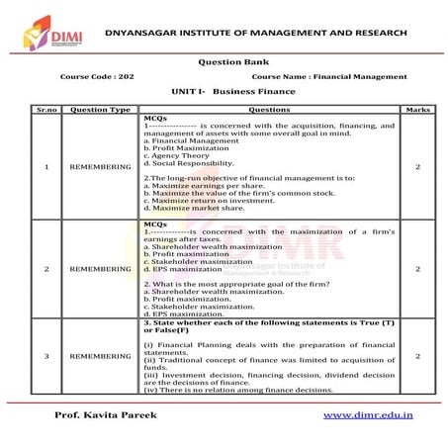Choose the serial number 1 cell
[47, 166]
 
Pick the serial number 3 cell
[47, 354]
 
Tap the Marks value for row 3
[416, 354]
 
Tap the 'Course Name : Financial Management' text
[329, 76]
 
